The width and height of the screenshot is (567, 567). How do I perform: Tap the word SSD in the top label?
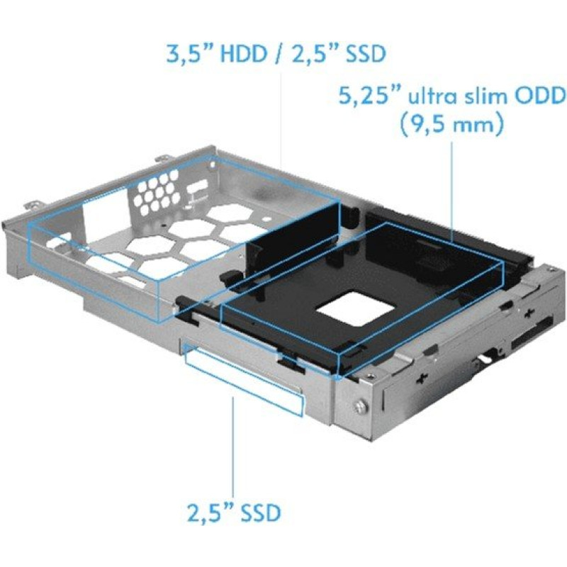pyautogui.click(x=361, y=55)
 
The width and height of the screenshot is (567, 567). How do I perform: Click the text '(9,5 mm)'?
pyautogui.click(x=451, y=127)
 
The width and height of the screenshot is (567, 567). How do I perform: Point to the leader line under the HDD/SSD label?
pyautogui.click(x=281, y=120)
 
